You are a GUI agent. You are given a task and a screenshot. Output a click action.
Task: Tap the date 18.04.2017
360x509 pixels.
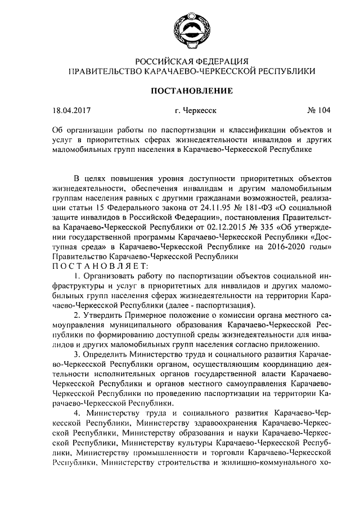pos(71,111)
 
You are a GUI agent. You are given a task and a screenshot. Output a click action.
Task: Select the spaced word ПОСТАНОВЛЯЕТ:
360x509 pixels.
pos(100,265)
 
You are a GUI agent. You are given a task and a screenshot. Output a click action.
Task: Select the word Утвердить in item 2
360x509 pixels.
pos(111,316)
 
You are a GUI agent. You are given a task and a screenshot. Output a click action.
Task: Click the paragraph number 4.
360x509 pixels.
pos(78,413)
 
